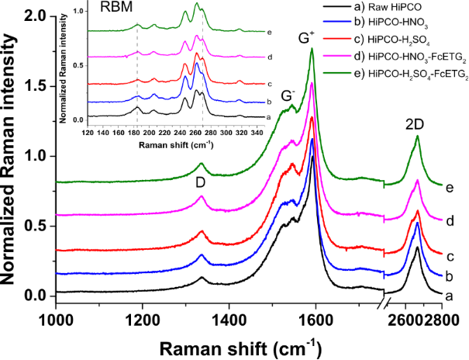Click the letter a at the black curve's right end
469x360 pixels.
(448, 295)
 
